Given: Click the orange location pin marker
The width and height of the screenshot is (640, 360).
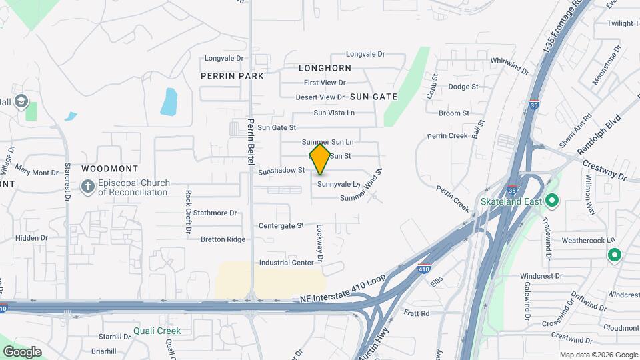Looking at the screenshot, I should point(320,159).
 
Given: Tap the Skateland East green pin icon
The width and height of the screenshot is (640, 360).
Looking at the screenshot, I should point(552,201).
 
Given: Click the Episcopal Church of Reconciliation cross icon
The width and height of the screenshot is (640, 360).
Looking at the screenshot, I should point(87,187).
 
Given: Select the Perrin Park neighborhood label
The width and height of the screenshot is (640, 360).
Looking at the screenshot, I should point(232,76).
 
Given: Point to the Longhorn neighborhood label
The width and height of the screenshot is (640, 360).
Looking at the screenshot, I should point(325,68).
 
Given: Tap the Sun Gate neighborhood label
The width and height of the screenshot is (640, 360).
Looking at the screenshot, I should point(373,97).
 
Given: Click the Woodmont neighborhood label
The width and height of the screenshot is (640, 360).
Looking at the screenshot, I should point(109,169).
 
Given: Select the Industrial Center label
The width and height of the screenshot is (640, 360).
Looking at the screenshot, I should point(287,263).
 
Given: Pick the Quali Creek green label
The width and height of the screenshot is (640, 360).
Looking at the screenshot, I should point(157,331).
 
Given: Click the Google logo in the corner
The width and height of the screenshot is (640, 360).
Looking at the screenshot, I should point(22,352).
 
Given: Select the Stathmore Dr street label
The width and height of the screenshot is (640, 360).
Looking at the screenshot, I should point(215,213).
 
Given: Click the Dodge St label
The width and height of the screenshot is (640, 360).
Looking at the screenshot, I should point(463,87).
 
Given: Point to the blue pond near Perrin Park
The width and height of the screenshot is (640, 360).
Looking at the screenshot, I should point(169,101).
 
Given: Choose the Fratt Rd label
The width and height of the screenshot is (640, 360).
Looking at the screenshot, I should point(417,313).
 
